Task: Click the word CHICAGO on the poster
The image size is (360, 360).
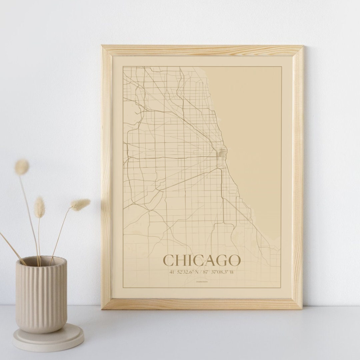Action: click(202, 260)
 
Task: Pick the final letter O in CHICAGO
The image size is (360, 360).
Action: click(234, 260)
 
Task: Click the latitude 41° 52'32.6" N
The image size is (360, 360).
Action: click(184, 272)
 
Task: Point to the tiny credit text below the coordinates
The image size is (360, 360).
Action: click(201, 282)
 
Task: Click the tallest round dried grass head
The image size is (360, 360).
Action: click(22, 167)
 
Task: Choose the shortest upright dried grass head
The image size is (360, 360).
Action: click(40, 207)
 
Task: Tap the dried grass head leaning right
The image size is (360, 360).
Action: click(81, 204)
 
